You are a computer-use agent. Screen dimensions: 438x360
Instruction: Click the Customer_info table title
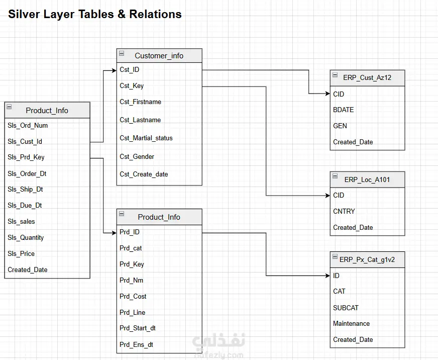pyautogui.click(x=159, y=56)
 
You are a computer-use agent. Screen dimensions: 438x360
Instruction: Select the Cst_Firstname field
pyautogui.click(x=140, y=102)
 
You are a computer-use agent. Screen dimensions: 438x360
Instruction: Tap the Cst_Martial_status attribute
pyautogui.click(x=146, y=138)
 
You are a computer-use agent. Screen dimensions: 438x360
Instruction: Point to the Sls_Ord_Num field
pyautogui.click(x=28, y=126)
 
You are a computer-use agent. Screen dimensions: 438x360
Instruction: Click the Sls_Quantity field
pyautogui.click(x=26, y=237)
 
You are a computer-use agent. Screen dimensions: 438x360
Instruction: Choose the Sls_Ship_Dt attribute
pyautogui.click(x=25, y=190)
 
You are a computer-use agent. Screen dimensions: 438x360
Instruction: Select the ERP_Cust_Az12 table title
pyautogui.click(x=367, y=77)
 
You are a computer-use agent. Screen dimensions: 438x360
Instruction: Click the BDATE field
pyautogui.click(x=343, y=110)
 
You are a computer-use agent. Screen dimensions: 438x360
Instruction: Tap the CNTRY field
pyautogui.click(x=344, y=211)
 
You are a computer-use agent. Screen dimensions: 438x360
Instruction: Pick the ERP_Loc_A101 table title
pyautogui.click(x=367, y=179)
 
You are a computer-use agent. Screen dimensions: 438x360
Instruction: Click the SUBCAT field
pyautogui.click(x=346, y=308)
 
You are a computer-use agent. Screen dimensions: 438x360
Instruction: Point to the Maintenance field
pyautogui.click(x=351, y=324)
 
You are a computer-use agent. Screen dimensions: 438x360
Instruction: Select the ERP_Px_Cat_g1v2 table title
pyautogui.click(x=367, y=259)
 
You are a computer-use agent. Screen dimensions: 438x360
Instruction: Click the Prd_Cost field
pyautogui.click(x=133, y=296)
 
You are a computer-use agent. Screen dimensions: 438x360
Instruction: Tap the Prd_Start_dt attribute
pyautogui.click(x=138, y=328)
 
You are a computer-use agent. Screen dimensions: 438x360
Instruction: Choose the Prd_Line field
pyautogui.click(x=133, y=312)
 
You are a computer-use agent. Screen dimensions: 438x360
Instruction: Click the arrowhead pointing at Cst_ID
pyautogui.click(x=114, y=70)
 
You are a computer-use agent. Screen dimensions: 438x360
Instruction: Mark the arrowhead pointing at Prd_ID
pyautogui.click(x=114, y=233)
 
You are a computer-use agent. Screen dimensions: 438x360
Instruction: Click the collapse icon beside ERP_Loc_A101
pyautogui.click(x=335, y=176)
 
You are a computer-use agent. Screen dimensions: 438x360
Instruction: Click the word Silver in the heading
pyautogui.click(x=24, y=14)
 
